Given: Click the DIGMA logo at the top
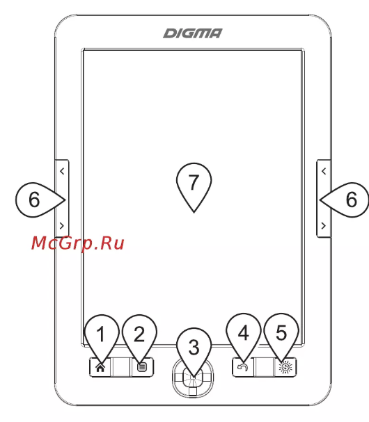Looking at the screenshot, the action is point(193,33).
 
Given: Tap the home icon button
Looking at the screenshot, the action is point(100,367).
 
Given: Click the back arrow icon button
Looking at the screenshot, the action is point(243,367).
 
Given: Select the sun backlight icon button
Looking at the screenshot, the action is point(285,367).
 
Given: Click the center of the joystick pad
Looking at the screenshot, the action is point(192,375).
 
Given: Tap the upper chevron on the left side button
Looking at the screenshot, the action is point(62,171).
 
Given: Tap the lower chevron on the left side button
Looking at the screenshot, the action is point(62,225).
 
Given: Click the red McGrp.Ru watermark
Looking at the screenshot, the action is point(77,243).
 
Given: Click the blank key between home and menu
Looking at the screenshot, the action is point(120,367).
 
